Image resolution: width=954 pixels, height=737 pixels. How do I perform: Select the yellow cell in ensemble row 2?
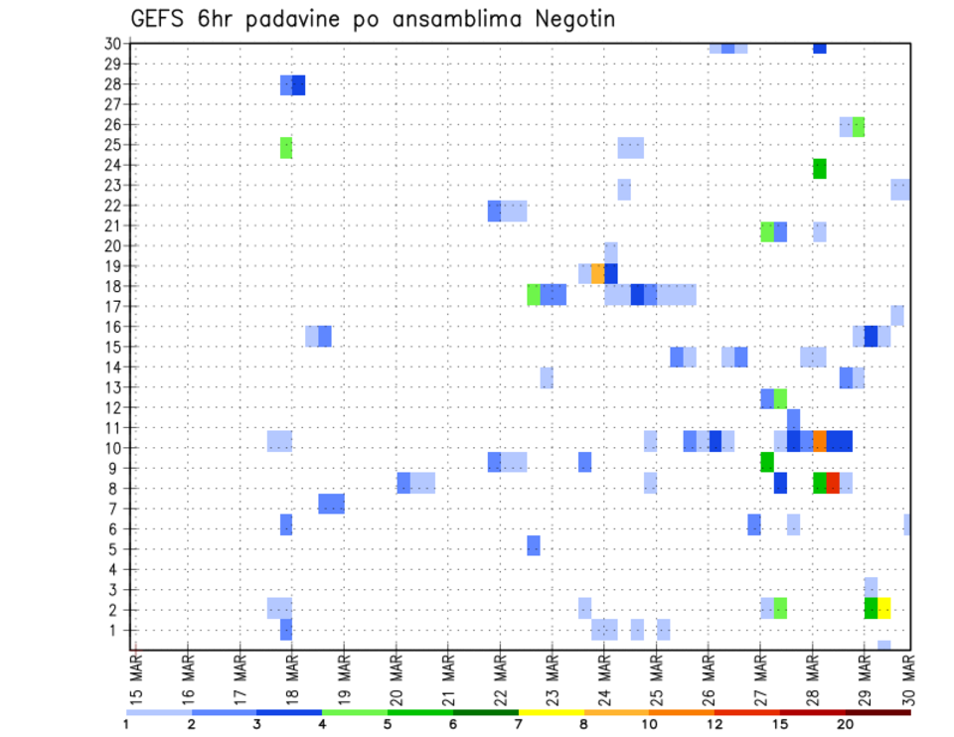pyautogui.click(x=884, y=608)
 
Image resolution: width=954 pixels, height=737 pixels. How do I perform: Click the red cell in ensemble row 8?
pyautogui.click(x=833, y=483)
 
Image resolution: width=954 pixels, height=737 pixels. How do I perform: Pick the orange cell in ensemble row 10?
pyautogui.click(x=820, y=441)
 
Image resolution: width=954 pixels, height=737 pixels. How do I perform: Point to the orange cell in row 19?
pyautogui.click(x=597, y=273)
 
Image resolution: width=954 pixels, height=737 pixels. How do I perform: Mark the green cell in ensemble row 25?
pyautogui.click(x=286, y=148)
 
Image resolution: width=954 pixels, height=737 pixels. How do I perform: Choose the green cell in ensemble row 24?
pyautogui.click(x=820, y=169)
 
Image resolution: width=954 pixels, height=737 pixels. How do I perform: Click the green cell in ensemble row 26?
pyautogui.click(x=859, y=126)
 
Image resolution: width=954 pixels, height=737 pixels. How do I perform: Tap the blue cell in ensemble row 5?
pyautogui.click(x=534, y=545)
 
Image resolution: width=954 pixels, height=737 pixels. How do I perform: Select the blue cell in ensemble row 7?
pyautogui.click(x=332, y=504)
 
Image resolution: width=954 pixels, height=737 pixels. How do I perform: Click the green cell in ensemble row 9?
pyautogui.click(x=767, y=462)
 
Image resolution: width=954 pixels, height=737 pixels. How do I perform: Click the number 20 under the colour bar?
pyautogui.click(x=846, y=724)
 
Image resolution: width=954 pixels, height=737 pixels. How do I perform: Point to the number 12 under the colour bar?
pyautogui.click(x=715, y=724)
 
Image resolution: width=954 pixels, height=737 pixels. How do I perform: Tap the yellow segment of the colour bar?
pyautogui.click(x=552, y=712)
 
